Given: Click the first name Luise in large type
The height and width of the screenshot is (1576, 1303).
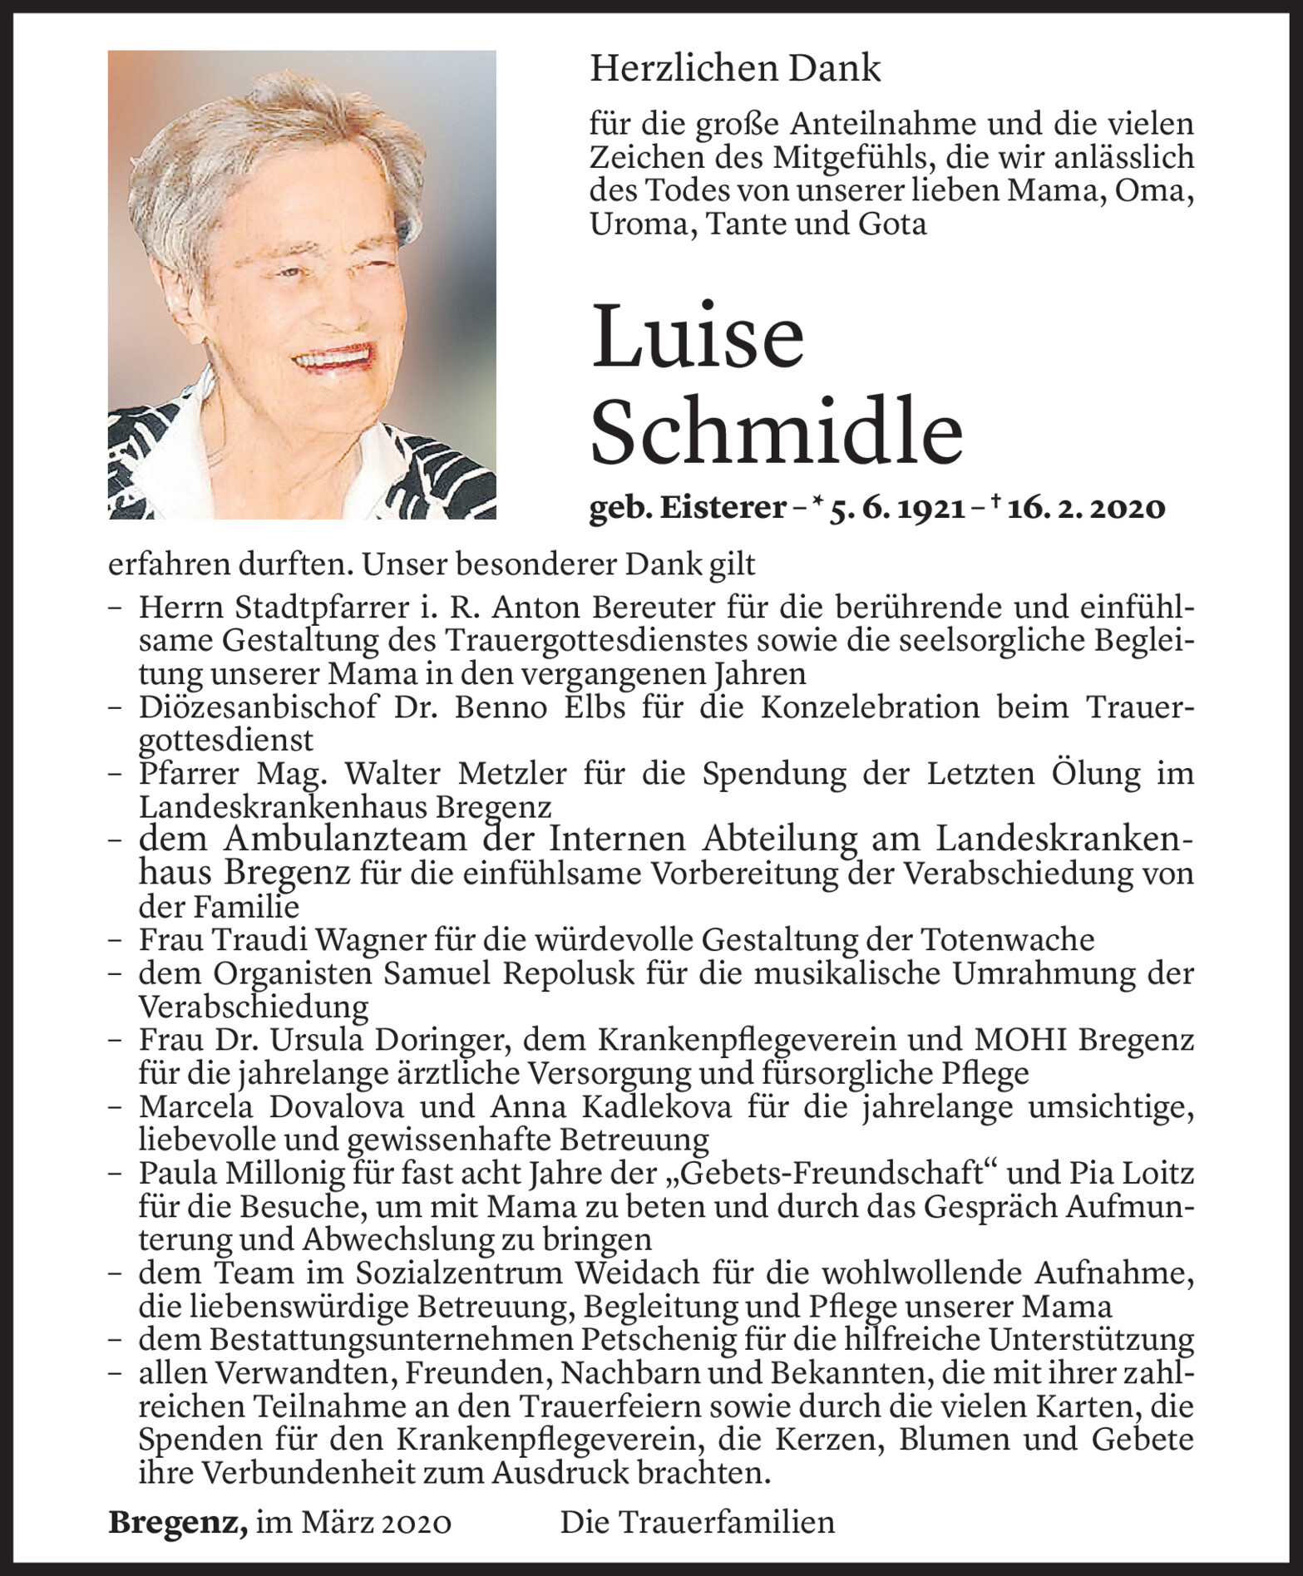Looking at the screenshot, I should point(697,337).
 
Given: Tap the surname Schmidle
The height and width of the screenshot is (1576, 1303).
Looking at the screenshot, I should point(776,433).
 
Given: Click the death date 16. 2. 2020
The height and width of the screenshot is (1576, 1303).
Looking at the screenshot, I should point(1084,508).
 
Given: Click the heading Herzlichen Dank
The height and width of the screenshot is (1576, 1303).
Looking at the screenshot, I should point(734,68).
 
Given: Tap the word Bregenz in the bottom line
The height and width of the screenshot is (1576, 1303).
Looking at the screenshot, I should point(177,1522).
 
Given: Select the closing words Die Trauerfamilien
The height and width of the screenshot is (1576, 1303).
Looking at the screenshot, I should point(697,1522).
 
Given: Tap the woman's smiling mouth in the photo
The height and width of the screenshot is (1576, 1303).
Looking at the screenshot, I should point(331,358).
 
